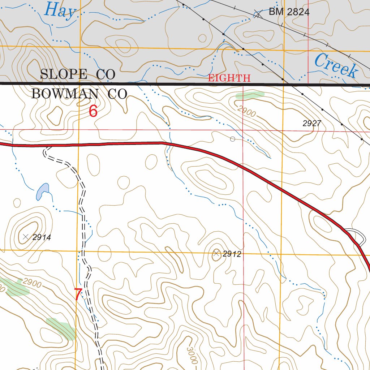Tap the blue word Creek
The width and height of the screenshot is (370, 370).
336,65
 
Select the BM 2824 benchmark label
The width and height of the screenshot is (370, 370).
289,12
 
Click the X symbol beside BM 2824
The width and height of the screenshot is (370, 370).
257,15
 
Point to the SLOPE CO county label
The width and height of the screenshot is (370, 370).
78,74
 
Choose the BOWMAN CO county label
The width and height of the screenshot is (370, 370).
79,94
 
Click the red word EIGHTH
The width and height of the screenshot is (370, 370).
229,78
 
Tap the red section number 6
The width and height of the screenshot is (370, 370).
93,111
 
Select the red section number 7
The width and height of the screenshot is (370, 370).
78,294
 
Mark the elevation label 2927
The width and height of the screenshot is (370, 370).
312,124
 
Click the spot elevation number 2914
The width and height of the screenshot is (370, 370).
41,237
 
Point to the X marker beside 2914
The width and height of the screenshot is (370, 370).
25,237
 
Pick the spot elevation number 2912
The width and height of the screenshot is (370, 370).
232,254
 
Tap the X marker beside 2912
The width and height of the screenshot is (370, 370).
216,254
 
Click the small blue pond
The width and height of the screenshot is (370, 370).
42,191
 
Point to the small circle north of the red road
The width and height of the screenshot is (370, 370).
233,139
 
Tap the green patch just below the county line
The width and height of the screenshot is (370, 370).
250,95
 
